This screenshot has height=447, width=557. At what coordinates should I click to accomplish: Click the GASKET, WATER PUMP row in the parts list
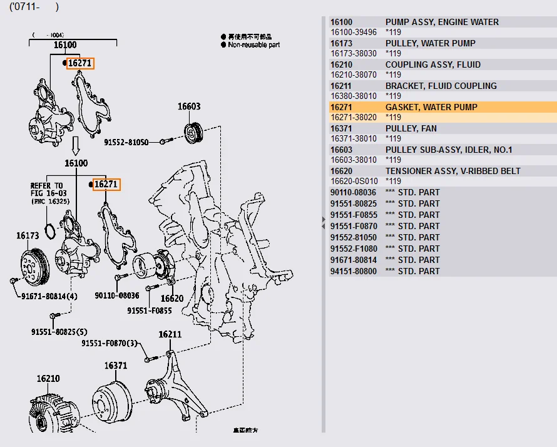click(431, 107)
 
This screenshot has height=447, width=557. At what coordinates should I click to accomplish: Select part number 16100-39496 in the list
click(354, 32)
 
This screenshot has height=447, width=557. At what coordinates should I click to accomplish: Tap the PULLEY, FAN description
click(411, 128)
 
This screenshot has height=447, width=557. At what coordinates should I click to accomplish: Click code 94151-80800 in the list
click(354, 271)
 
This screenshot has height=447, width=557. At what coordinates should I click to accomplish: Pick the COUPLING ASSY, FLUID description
click(433, 64)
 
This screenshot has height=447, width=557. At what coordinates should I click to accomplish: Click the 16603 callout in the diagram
click(189, 106)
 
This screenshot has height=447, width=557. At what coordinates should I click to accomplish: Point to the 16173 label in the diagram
click(28, 236)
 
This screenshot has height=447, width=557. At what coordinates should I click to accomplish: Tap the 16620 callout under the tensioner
click(171, 299)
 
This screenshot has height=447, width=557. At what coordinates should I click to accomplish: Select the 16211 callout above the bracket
click(170, 334)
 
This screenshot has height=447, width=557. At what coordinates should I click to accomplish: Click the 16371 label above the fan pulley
click(116, 366)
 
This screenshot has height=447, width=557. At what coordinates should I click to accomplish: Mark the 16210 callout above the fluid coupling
click(48, 378)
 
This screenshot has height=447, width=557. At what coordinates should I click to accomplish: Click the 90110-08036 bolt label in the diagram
click(117, 295)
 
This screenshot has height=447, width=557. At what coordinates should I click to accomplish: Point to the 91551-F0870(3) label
click(109, 343)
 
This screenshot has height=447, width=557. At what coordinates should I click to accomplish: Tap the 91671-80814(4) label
click(49, 295)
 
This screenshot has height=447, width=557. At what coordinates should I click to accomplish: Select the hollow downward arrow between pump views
click(76, 146)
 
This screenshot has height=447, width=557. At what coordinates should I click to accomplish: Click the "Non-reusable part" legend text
click(253, 45)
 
